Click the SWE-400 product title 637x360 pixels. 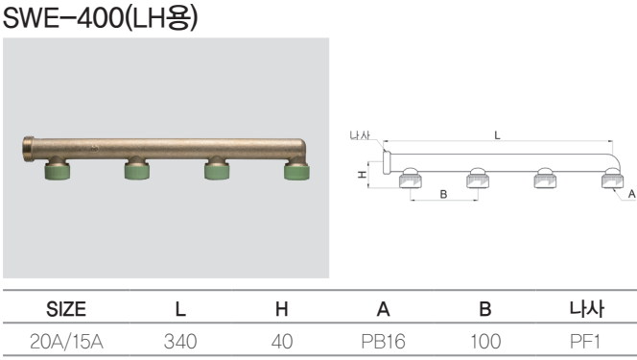pos(100,17)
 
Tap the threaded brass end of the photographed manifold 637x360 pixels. pos(28,149)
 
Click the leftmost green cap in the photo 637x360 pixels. pos(58,170)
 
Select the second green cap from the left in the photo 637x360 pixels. pos(137,170)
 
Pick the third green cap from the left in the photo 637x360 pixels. pos(217,170)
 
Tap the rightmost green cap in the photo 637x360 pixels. pos(296,171)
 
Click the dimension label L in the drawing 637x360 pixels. pos(497,135)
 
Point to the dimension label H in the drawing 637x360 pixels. pos(362,175)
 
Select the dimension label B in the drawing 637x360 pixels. pos(443,194)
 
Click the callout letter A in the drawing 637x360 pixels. pos(631,194)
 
